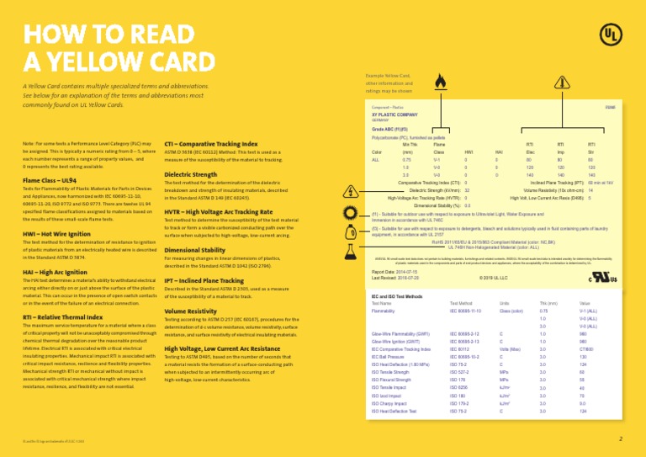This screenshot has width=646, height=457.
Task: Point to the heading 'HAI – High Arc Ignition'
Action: pyautogui.click(x=55, y=273)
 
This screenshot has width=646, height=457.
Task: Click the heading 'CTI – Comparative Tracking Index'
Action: pyautogui.click(x=211, y=144)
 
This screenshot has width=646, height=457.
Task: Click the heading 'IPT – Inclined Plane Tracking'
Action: pyautogui.click(x=204, y=280)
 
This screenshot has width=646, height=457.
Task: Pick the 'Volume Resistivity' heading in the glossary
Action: pyautogui.click(x=191, y=311)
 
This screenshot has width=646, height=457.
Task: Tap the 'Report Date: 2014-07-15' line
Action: pyautogui.click(x=394, y=272)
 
